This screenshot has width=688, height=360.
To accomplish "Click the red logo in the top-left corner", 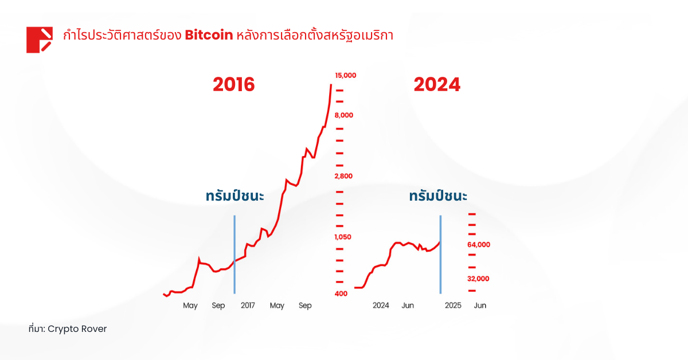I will (40, 40).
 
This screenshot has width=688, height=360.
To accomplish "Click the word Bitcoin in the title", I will (209, 35).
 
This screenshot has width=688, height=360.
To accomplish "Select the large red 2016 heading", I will (233, 85).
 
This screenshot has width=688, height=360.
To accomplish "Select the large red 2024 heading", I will (437, 85).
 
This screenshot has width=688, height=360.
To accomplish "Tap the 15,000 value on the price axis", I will (346, 75).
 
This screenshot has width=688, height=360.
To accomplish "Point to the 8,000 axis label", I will (344, 115).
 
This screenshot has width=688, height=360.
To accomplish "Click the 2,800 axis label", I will (344, 176).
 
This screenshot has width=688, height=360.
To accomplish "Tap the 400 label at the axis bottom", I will (341, 294).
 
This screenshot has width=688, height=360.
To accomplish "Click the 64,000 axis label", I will (479, 245).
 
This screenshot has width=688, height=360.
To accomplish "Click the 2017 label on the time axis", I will (248, 306).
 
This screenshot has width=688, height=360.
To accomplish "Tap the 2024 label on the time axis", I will (381, 306).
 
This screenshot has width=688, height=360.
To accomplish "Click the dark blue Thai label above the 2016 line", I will (234, 196).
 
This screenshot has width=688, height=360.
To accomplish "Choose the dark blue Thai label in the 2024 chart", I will (438, 196).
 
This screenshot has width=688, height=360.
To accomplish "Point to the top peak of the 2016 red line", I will (331, 85).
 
